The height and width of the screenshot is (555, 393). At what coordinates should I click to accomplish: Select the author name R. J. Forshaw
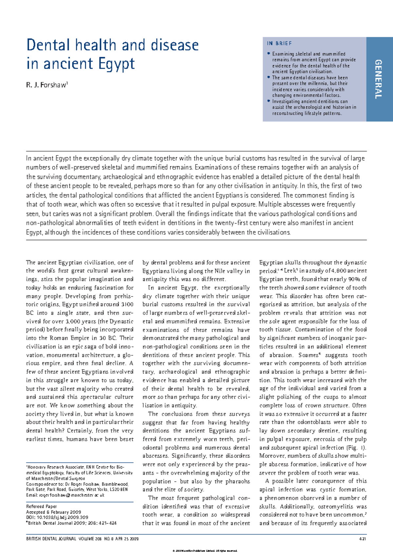pos(47,85)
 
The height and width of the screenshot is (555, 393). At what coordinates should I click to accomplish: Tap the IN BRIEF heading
pos(279,44)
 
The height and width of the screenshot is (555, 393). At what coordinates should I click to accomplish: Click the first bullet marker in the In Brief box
pos(269,53)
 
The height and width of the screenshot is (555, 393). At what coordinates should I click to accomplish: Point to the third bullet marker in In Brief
pos(269,101)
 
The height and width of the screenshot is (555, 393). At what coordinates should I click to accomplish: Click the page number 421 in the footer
pos(363,539)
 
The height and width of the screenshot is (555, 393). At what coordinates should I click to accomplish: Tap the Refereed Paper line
pos(41,506)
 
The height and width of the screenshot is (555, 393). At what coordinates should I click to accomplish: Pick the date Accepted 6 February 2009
pos(53,512)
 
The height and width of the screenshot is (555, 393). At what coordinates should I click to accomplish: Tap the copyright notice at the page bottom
pos(204,551)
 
